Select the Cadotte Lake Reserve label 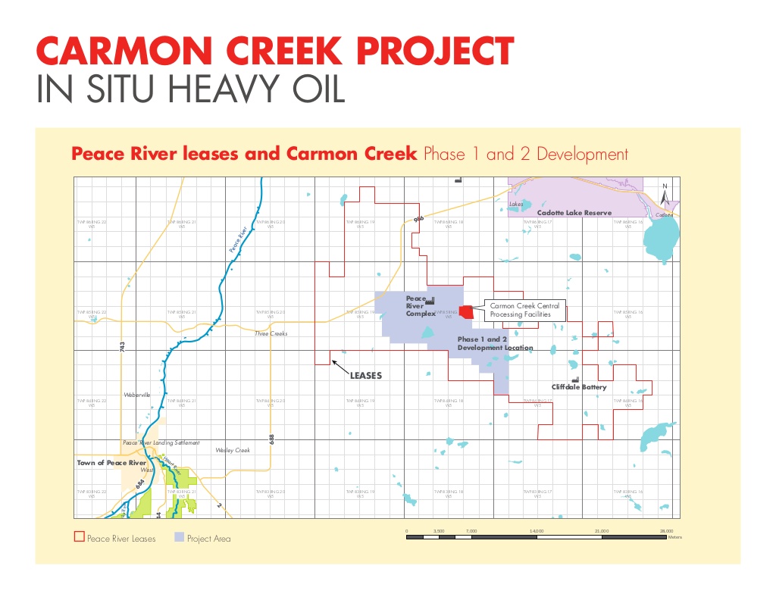point(568,213)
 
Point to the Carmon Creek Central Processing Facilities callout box point(524,310)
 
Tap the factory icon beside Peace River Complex point(430,303)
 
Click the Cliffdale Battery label point(579,387)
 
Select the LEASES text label point(365,376)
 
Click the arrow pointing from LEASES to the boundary point(339,368)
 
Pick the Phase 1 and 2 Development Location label point(495,344)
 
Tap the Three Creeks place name point(271,333)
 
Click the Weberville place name point(137,395)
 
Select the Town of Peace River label point(111,462)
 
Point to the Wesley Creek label point(233,450)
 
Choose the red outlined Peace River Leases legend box point(78,537)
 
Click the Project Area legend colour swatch point(180,537)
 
